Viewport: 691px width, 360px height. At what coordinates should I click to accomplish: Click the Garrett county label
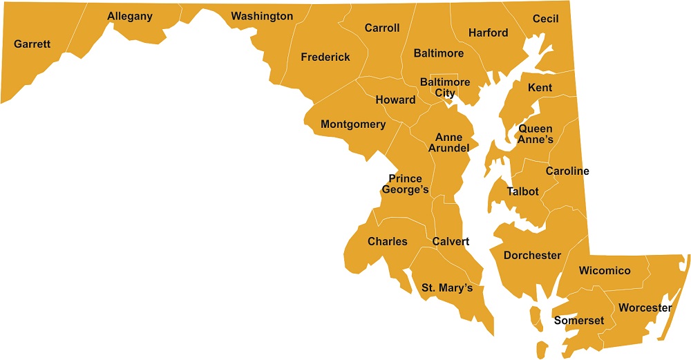coord(32,44)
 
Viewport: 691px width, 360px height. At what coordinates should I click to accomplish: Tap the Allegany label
coord(130,16)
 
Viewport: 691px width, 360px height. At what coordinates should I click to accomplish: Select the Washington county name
coord(262,16)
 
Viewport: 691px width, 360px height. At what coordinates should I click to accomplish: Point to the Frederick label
coord(325,57)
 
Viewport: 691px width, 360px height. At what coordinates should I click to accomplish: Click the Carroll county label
coord(382,28)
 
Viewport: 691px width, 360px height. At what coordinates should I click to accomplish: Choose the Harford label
coord(488,32)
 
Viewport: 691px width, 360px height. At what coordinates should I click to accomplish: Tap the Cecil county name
coord(545,19)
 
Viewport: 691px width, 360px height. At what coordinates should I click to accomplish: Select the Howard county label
coord(395,100)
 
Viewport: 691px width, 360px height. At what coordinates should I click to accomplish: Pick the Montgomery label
coord(353,124)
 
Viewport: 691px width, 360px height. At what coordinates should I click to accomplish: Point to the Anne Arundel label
coord(448,143)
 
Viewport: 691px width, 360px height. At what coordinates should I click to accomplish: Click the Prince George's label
coord(405,184)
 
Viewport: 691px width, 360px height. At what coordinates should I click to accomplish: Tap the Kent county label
coord(540,88)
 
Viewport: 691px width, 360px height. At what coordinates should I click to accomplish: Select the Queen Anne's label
coord(536,134)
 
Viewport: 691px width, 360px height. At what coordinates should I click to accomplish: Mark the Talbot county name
coord(522,191)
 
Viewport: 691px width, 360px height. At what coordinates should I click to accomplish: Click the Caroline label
coord(567,171)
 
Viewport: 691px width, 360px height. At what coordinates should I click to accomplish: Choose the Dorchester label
coord(532,255)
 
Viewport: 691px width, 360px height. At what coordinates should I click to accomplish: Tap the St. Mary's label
coord(447,287)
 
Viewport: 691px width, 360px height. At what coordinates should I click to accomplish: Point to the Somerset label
coord(579,321)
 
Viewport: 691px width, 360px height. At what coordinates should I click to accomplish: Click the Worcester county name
coord(645,307)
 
